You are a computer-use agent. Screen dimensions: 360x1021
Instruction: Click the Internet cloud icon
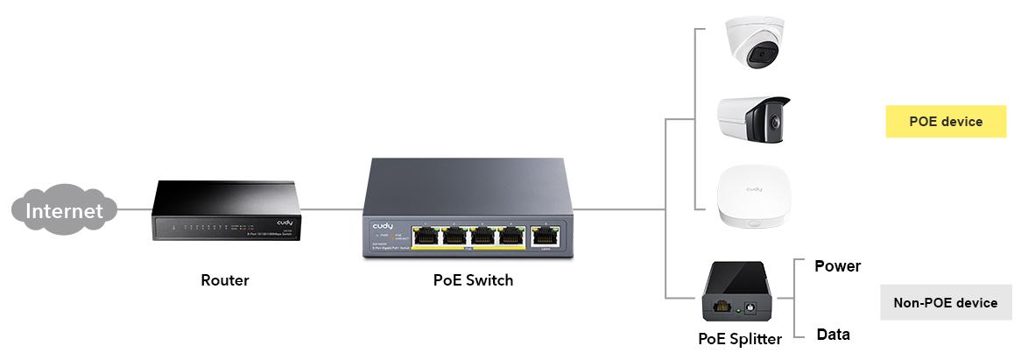point(63,211)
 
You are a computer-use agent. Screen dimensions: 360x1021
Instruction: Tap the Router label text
point(225,281)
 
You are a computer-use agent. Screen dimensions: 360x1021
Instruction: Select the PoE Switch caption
point(473,281)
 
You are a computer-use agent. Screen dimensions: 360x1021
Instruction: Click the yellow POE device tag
point(946,122)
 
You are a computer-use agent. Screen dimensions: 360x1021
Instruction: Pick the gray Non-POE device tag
point(945,303)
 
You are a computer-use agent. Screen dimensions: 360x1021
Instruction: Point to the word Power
point(837,266)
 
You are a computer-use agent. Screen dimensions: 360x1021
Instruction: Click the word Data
point(833,335)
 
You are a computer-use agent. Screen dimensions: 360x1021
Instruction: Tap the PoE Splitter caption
point(739,339)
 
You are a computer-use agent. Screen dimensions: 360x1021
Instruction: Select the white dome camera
point(753,46)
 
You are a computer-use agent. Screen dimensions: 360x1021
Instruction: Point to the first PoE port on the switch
point(427,236)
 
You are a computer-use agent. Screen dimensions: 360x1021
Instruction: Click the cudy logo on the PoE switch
point(383,227)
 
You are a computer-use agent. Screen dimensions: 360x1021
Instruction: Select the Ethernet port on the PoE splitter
point(722,307)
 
